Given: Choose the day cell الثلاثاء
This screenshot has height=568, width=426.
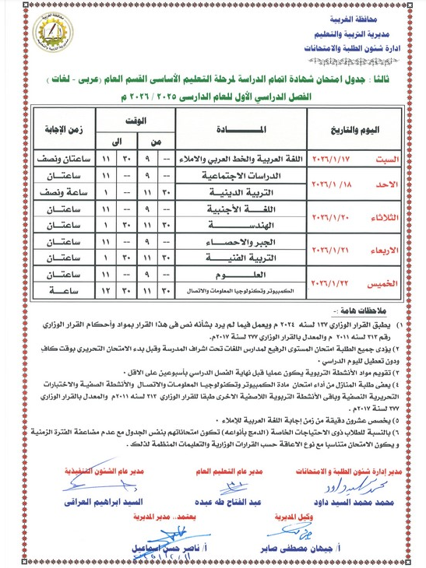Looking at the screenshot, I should (383, 218).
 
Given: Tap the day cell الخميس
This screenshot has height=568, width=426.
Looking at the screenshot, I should (385, 283).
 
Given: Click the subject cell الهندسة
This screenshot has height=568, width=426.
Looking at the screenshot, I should (234, 225).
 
